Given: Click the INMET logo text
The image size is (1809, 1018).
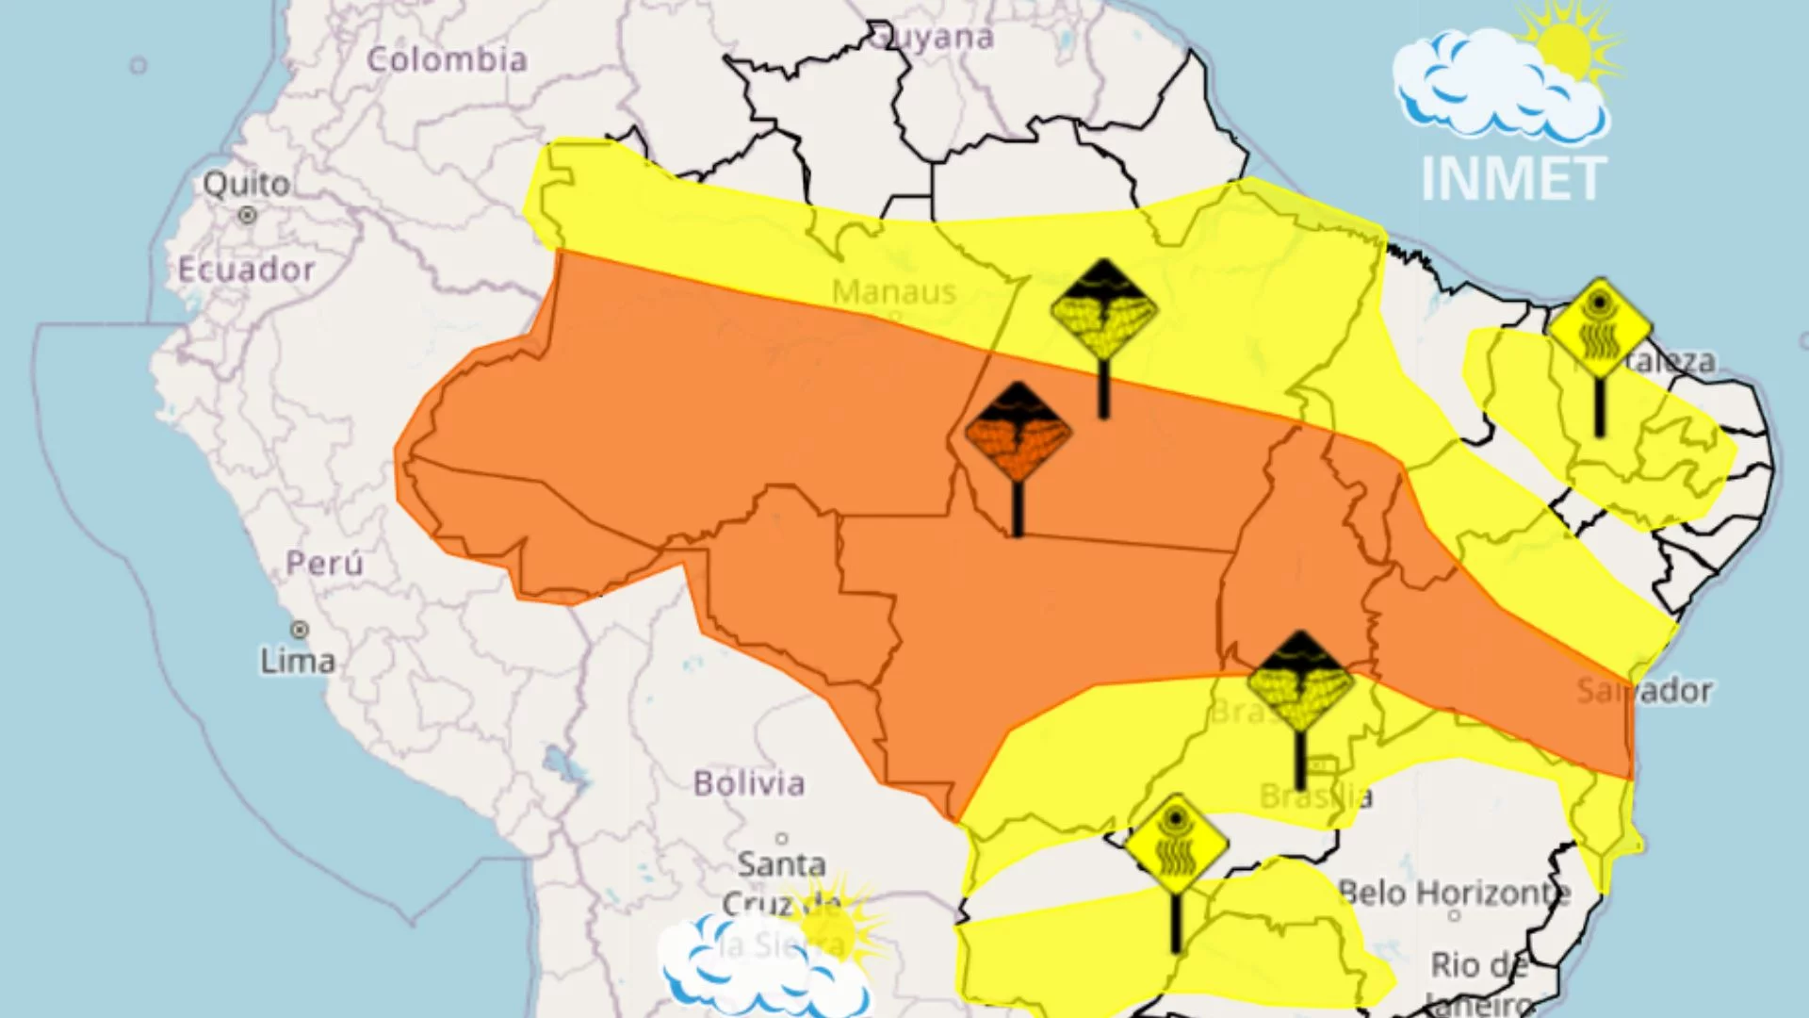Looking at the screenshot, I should [x=1513, y=178].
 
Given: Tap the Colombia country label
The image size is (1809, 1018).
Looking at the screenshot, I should [x=447, y=60].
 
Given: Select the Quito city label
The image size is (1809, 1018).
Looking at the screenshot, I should [x=247, y=183].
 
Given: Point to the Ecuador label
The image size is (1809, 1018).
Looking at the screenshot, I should [x=247, y=270].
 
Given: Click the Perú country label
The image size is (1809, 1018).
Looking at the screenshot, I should [x=324, y=564].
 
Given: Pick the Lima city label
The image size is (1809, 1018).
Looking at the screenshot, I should [x=298, y=661].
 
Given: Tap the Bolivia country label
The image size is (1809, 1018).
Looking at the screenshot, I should [x=749, y=783].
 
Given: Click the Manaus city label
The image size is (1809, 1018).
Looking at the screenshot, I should [x=894, y=292].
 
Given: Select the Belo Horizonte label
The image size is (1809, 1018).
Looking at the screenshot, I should [x=1454, y=892].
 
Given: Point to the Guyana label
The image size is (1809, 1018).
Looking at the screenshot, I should [x=933, y=38].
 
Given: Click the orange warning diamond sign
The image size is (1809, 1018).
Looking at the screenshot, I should [x=1018, y=435].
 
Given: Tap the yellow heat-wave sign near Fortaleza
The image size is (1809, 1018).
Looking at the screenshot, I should [x=1600, y=329].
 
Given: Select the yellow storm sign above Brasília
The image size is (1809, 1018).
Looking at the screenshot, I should [x=1300, y=681].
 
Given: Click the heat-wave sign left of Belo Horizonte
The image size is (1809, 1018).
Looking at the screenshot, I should [x=1176, y=844].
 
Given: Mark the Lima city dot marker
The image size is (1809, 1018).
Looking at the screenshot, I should [x=300, y=629].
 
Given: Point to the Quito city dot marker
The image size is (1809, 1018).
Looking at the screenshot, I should [x=247, y=216].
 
